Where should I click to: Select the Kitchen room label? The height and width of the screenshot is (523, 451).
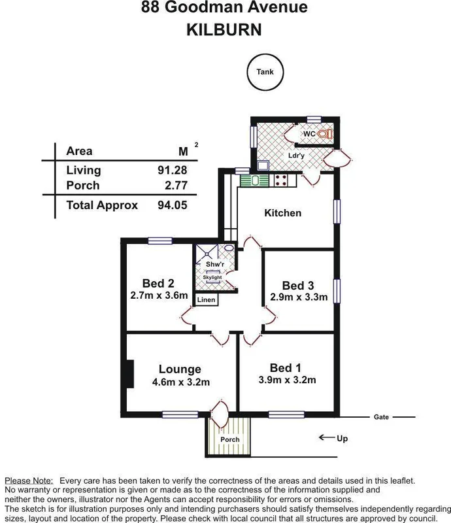tap(282, 213)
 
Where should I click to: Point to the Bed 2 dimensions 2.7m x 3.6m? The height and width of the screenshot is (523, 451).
tap(159, 295)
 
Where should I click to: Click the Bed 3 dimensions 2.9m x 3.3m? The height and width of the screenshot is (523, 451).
tap(299, 297)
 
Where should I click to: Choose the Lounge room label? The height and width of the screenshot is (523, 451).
tap(178, 369)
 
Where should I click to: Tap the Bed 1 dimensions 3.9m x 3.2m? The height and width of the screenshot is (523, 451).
tap(288, 380)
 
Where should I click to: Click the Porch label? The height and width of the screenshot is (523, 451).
tap(230, 439)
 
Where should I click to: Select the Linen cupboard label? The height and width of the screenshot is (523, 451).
tap(207, 300)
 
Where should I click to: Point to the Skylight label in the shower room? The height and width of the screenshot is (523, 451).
tap(212, 277)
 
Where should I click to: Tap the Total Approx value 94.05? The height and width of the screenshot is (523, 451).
tap(173, 205)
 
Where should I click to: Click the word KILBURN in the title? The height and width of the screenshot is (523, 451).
tap(225, 30)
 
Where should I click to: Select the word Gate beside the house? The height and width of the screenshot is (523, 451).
tap(381, 416)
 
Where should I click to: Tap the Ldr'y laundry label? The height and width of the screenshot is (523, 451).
tap(298, 156)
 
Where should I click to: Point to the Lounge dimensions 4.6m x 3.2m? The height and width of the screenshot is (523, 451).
tap(178, 381)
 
